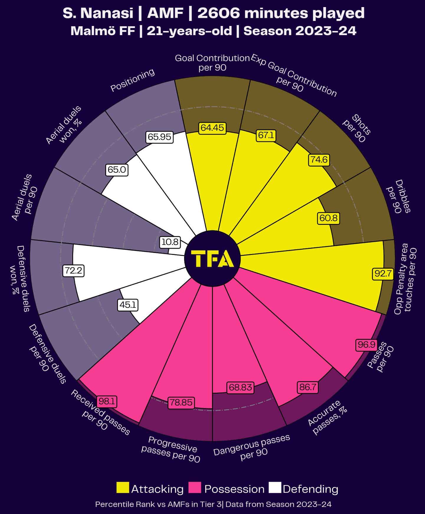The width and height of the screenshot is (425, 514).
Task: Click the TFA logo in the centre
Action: click(x=212, y=259)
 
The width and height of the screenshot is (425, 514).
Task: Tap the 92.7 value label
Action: click(x=383, y=274)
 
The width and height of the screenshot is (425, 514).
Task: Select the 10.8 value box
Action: click(x=170, y=242)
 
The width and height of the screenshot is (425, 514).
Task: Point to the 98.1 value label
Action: click(x=108, y=401)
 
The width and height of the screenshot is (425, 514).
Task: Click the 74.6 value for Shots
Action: click(x=319, y=160)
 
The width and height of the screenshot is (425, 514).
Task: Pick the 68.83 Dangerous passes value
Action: click(x=240, y=387)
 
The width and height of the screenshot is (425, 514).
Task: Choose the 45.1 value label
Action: click(x=128, y=305)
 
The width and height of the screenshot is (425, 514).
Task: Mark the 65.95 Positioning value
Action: click(x=160, y=137)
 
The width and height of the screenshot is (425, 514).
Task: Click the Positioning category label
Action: click(x=132, y=80)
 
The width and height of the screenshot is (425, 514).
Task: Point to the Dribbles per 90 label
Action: click(x=398, y=197)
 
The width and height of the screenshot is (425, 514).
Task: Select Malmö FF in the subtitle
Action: click(x=102, y=31)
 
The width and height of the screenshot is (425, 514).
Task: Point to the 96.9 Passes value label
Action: click(x=366, y=344)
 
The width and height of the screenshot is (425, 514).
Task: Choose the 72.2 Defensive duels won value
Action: click(x=73, y=270)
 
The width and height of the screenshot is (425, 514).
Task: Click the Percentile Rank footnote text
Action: click(x=213, y=504)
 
